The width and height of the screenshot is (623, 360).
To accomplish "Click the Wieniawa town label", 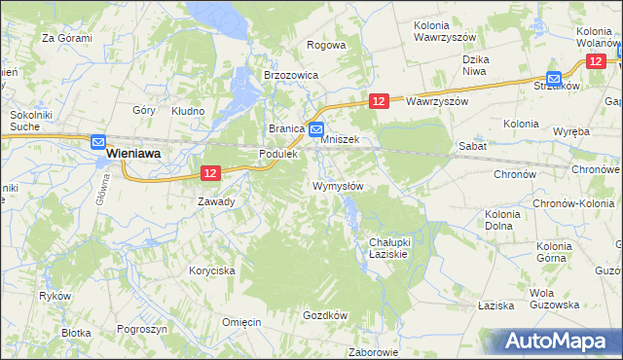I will point(133,154).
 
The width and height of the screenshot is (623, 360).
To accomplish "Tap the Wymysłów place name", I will point(338,187).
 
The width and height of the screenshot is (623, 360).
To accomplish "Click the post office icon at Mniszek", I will point(316,128).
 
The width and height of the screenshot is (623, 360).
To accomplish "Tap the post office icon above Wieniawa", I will point(98,139).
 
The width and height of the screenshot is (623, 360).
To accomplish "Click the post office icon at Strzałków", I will point(554,78).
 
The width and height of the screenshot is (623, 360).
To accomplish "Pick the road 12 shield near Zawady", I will point(210,173).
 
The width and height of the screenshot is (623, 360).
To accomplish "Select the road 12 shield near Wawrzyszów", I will point(380,100).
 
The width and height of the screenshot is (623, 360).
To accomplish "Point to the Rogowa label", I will point(326,45).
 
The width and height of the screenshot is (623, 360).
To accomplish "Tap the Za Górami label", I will point(66,39).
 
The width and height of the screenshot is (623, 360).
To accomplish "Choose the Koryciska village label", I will point(212,271).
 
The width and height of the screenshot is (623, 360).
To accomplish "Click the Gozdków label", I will point(325,315).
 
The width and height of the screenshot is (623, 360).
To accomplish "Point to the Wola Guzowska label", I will point(554,299).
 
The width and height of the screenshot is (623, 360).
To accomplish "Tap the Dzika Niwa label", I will point(474,64).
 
